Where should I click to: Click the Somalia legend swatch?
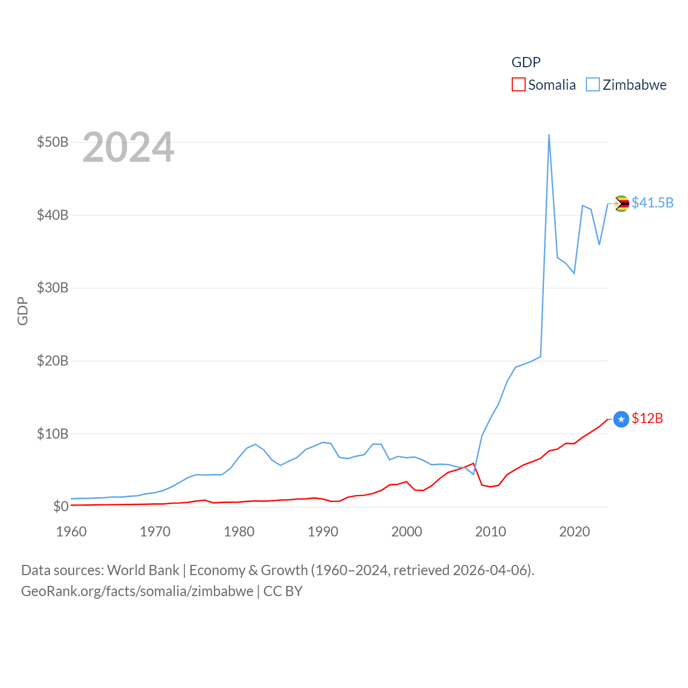pyautogui.click(x=518, y=85)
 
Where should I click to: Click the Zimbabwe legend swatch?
pyautogui.click(x=592, y=85)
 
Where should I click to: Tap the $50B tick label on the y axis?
pyautogui.click(x=53, y=142)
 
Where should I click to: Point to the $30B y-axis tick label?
pyautogui.click(x=53, y=288)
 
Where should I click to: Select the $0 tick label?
pyautogui.click(x=61, y=507)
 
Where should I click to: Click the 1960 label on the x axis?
pyautogui.click(x=71, y=532)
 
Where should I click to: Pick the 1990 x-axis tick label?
pyautogui.click(x=323, y=532)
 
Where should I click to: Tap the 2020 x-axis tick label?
pyautogui.click(x=575, y=532)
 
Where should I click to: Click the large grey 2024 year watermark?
pyautogui.click(x=128, y=147)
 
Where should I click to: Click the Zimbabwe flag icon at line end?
pyautogui.click(x=621, y=204)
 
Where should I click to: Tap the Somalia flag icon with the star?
pyautogui.click(x=621, y=419)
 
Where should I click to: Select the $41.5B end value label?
pyautogui.click(x=653, y=203)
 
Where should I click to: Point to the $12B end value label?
pyautogui.click(x=647, y=418)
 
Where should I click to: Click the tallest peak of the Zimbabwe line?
pyautogui.click(x=549, y=135)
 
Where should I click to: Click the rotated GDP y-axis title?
pyautogui.click(x=23, y=311)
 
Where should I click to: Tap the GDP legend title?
pyautogui.click(x=526, y=62)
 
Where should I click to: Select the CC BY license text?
pyautogui.click(x=283, y=591)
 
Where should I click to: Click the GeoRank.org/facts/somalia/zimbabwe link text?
pyautogui.click(x=137, y=591)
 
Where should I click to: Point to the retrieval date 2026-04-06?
pyautogui.click(x=492, y=570)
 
